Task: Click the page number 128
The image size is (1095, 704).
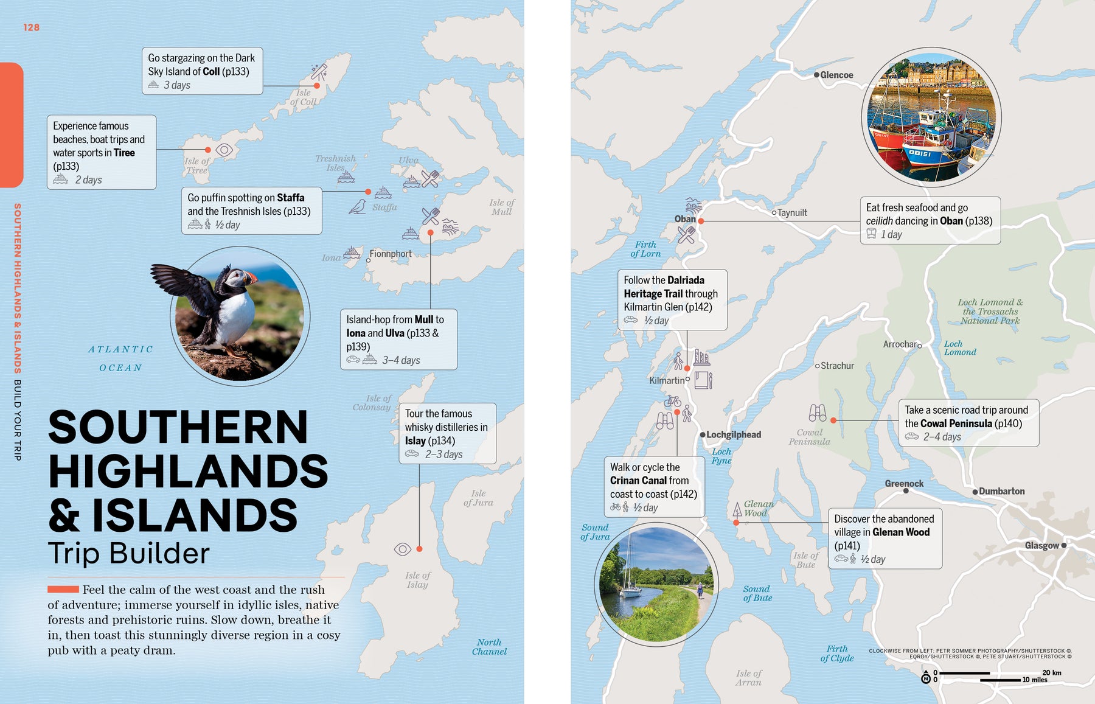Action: pos(31,27)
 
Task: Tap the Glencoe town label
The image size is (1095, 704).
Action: pos(836,75)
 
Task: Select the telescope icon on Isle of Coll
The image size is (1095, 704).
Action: pos(319,72)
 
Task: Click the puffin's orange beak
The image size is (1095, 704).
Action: pos(249,278)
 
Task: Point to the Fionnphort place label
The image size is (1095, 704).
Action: pos(391,254)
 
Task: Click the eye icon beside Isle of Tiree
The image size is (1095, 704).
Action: pos(224,150)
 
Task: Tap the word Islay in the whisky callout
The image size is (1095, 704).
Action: pos(415,441)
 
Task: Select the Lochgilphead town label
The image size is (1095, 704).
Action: pos(733,434)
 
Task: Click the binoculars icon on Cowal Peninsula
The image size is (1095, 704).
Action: pos(817,413)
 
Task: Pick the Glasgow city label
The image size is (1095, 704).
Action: pos(1041,545)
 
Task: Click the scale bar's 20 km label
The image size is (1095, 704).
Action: pos(1051,672)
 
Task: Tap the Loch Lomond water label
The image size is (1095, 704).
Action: pos(960,348)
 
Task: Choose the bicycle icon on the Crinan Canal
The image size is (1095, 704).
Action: pos(672,401)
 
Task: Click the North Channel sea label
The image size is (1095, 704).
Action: pos(489,647)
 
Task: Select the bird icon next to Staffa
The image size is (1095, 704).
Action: pos(358,207)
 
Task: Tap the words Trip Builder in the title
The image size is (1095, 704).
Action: pos(128,553)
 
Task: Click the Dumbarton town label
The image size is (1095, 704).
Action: pos(1001,491)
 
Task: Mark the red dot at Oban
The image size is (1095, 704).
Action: pos(701,221)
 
